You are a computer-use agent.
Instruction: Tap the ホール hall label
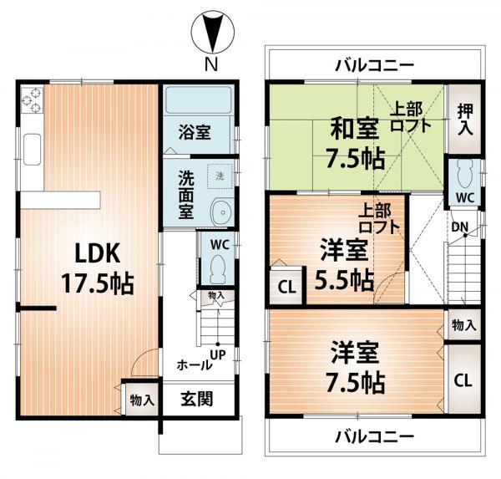193,365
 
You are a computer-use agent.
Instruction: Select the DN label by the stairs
459,226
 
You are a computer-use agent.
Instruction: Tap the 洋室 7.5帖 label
355,367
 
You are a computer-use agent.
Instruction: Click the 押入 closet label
465,120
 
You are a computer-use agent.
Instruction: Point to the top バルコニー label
373,64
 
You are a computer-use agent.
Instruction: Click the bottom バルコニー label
373,436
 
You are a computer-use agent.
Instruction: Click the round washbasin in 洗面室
220,211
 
